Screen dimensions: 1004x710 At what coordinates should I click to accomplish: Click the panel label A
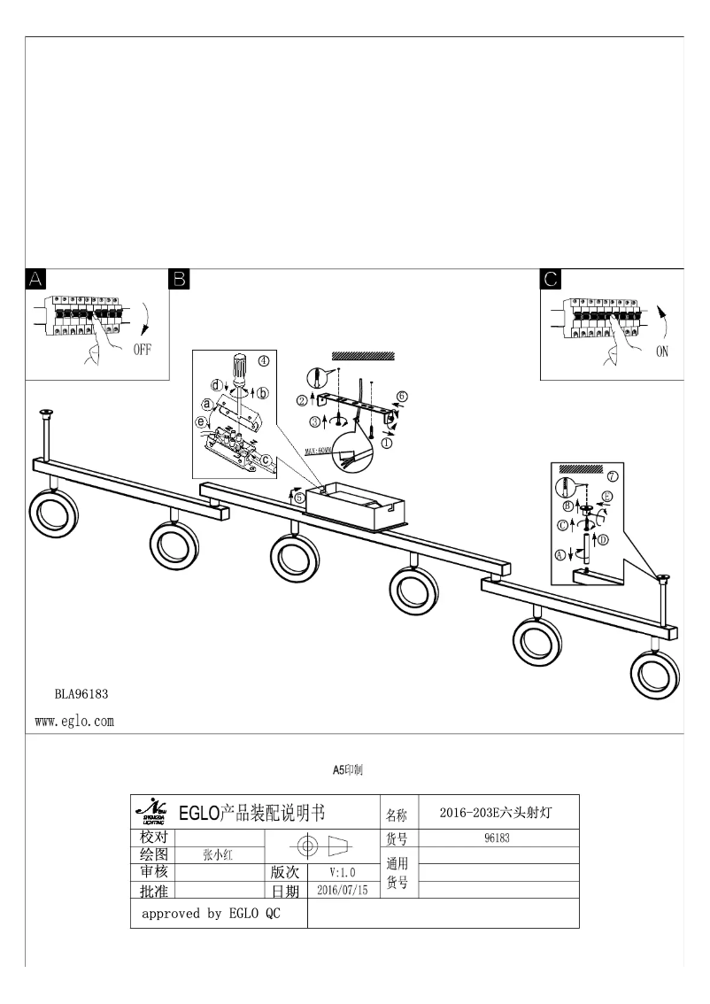(35, 280)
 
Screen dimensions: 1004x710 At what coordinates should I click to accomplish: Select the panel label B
(179, 280)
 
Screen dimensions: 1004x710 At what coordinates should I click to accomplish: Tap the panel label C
(551, 280)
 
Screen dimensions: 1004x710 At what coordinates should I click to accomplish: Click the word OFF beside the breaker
(143, 349)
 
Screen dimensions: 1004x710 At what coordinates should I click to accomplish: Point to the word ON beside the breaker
(662, 351)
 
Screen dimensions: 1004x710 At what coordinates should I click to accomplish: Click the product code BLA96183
(81, 694)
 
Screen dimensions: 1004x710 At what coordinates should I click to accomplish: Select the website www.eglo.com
(74, 722)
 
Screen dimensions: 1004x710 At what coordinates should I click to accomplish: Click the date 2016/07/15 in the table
(342, 890)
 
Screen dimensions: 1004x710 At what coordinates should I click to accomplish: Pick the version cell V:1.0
(342, 872)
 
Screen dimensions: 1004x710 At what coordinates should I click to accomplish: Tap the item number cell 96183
(497, 838)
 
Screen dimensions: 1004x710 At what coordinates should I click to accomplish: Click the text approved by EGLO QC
(211, 914)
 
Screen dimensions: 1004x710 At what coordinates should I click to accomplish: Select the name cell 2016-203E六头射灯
(497, 813)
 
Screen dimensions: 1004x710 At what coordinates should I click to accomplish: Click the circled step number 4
(263, 359)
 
